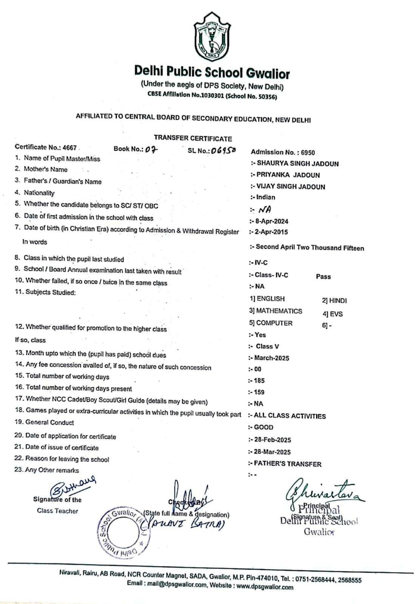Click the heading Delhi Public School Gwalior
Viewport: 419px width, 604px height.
(212, 72)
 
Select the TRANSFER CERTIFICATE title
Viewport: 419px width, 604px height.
(193, 139)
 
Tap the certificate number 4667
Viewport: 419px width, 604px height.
(70, 148)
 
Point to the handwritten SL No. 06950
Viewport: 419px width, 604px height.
(223, 150)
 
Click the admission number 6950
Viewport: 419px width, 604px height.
(308, 153)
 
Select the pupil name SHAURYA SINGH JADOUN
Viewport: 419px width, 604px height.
(297, 164)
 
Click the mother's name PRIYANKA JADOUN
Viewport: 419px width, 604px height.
(288, 175)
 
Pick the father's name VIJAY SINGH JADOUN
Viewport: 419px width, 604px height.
(291, 186)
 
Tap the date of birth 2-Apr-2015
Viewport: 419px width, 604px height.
(271, 232)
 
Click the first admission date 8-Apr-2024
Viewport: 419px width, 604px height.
(272, 221)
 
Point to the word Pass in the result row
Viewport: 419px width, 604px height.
(323, 277)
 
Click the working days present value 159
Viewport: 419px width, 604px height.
(259, 392)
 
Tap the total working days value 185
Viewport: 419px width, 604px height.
(259, 381)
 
